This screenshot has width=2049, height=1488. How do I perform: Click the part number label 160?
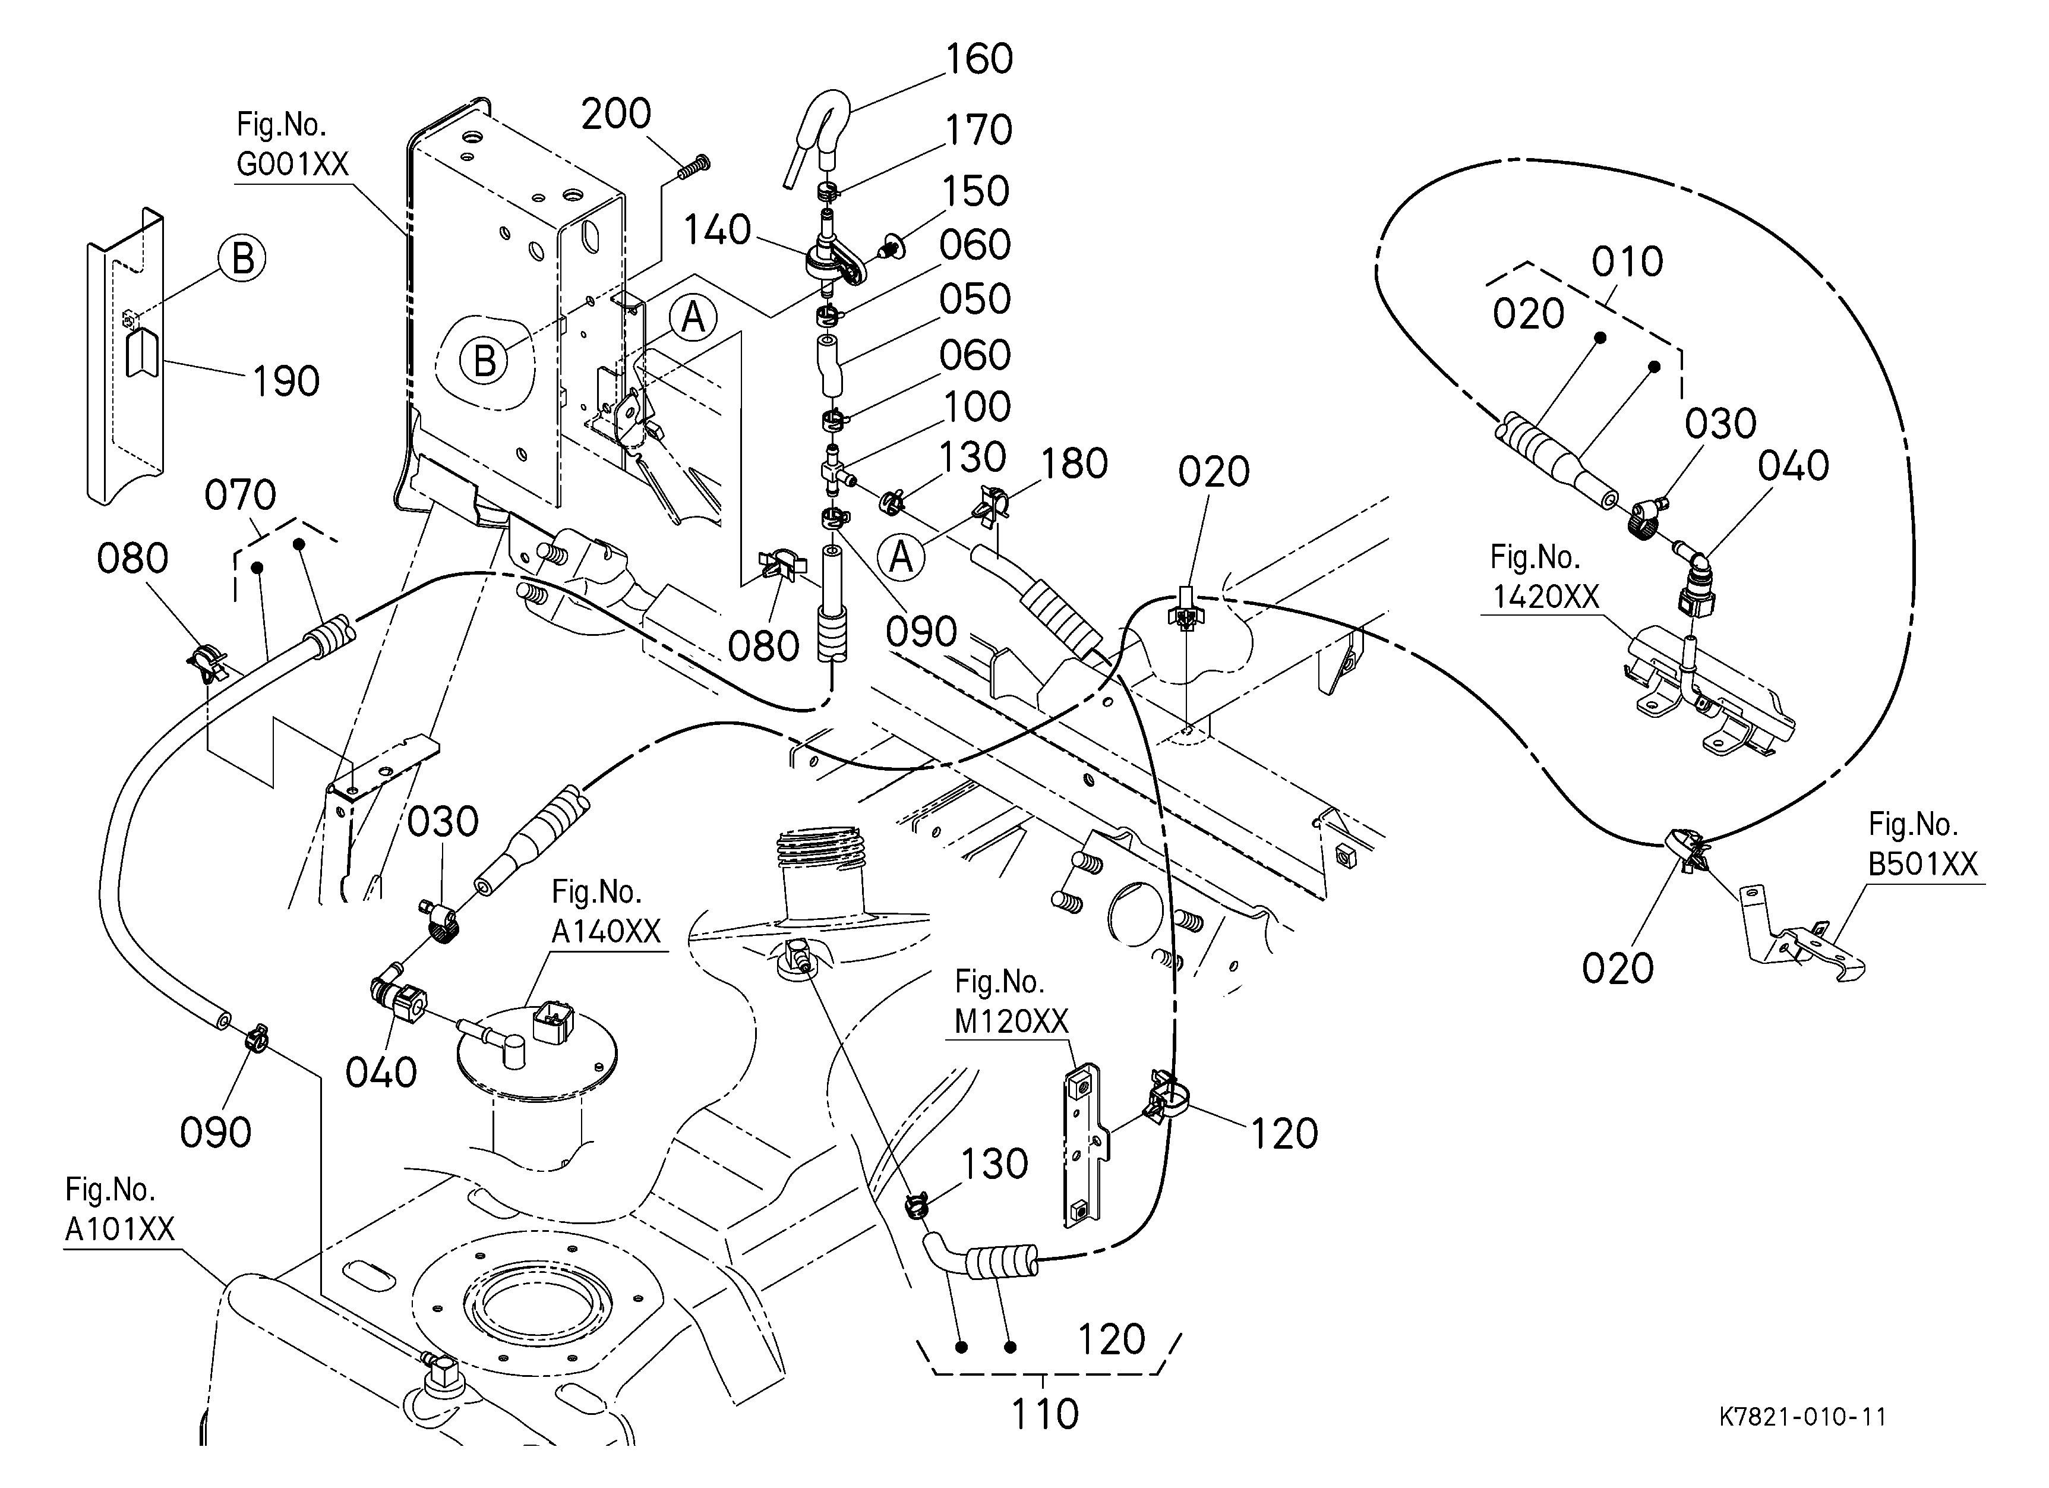click(x=978, y=59)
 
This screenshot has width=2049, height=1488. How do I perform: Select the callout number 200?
click(x=616, y=115)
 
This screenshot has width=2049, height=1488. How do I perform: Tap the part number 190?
click(x=286, y=382)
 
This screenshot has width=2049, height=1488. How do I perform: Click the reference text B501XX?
click(x=1922, y=865)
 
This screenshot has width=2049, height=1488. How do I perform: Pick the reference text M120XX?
click(x=1011, y=1022)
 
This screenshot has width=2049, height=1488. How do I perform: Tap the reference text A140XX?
click(x=606, y=931)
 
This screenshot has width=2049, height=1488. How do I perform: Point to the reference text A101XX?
click(x=119, y=1230)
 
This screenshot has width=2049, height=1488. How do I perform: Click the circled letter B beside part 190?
click(x=243, y=259)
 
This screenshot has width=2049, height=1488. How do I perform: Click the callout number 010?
click(x=1627, y=263)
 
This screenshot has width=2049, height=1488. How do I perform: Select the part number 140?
click(x=716, y=231)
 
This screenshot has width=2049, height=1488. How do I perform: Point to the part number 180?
click(x=1074, y=464)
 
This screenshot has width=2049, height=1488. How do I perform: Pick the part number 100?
click(x=977, y=408)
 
